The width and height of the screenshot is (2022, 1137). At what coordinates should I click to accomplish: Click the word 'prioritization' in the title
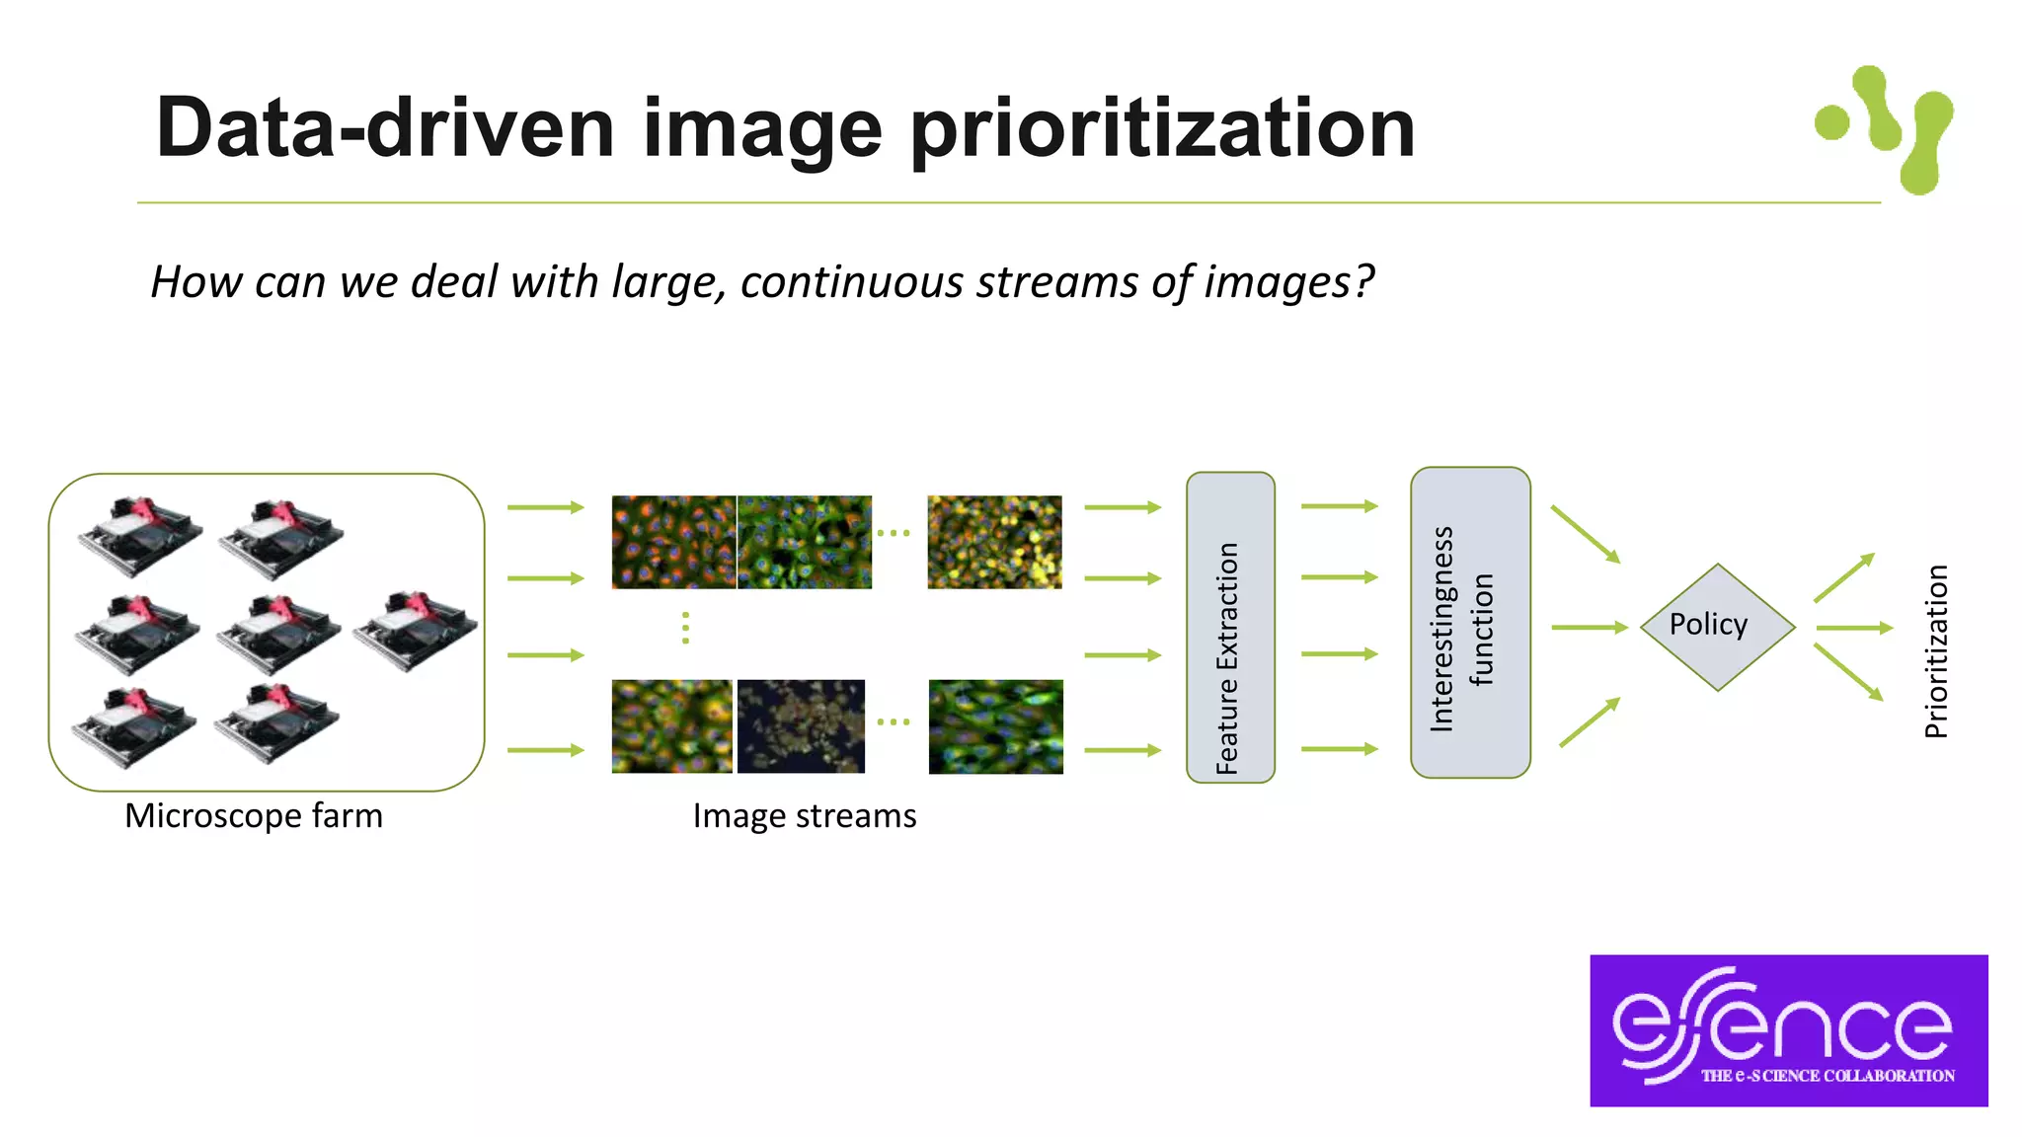[x=1162, y=129]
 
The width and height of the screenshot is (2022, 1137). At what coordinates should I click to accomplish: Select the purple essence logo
[x=1788, y=1029]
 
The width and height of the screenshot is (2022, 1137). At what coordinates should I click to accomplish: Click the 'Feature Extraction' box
[x=1229, y=628]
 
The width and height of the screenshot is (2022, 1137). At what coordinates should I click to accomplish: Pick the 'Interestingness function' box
[x=1469, y=624]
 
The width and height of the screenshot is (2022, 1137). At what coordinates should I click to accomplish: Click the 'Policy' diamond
[x=1716, y=626]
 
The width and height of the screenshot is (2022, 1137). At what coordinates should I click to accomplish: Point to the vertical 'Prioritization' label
[x=1936, y=651]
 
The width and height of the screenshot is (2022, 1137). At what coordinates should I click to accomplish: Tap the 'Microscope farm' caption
[x=254, y=816]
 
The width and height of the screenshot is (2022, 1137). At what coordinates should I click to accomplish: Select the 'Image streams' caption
[x=804, y=816]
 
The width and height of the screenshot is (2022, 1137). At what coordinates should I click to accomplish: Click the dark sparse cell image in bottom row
[x=801, y=726]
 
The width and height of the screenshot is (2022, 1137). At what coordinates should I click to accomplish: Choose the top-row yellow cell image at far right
[x=994, y=542]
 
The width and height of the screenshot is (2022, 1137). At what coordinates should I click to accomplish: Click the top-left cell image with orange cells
[x=673, y=542]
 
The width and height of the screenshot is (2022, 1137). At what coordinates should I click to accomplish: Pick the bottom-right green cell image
[x=995, y=726]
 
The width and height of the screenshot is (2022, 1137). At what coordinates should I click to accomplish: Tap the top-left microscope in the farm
[x=139, y=536]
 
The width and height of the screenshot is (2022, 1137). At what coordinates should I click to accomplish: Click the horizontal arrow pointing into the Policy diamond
[x=1588, y=627]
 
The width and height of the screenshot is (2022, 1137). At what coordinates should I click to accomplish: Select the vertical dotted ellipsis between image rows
[x=685, y=628]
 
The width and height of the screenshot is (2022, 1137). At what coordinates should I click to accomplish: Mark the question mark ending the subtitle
[x=1363, y=282]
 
